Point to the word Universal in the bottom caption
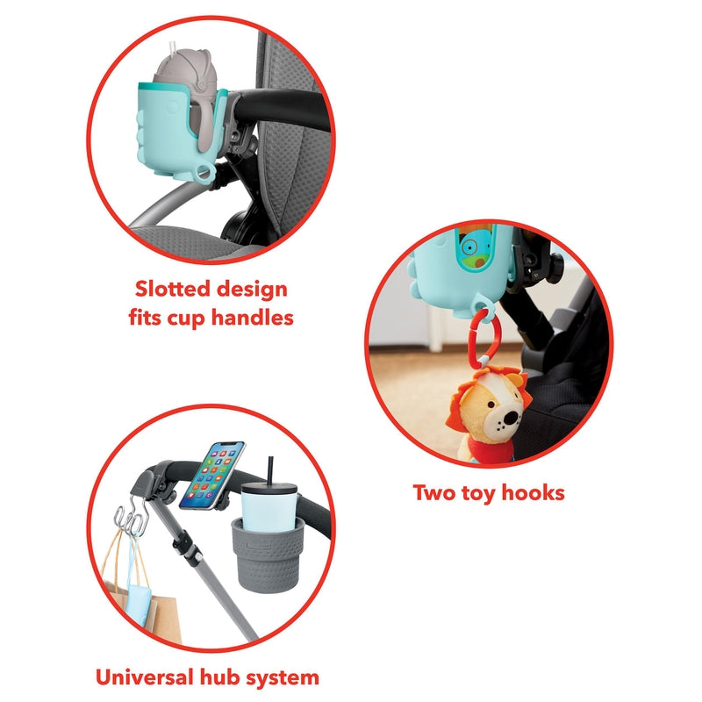140,677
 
